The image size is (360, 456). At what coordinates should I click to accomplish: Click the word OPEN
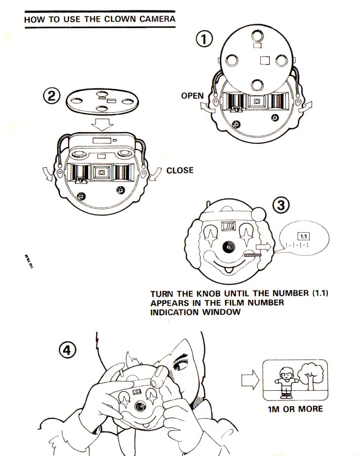[x=192, y=95]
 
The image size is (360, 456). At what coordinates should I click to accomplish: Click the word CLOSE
[x=180, y=170]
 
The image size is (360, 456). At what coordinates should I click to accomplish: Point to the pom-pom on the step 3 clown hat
[x=258, y=214]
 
